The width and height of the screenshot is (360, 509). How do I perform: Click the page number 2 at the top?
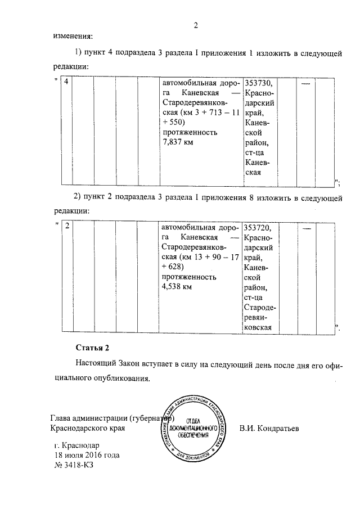coord(196,24)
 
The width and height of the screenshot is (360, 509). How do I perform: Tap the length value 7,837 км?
coord(177,143)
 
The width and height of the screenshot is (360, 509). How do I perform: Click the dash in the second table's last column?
coord(307,228)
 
